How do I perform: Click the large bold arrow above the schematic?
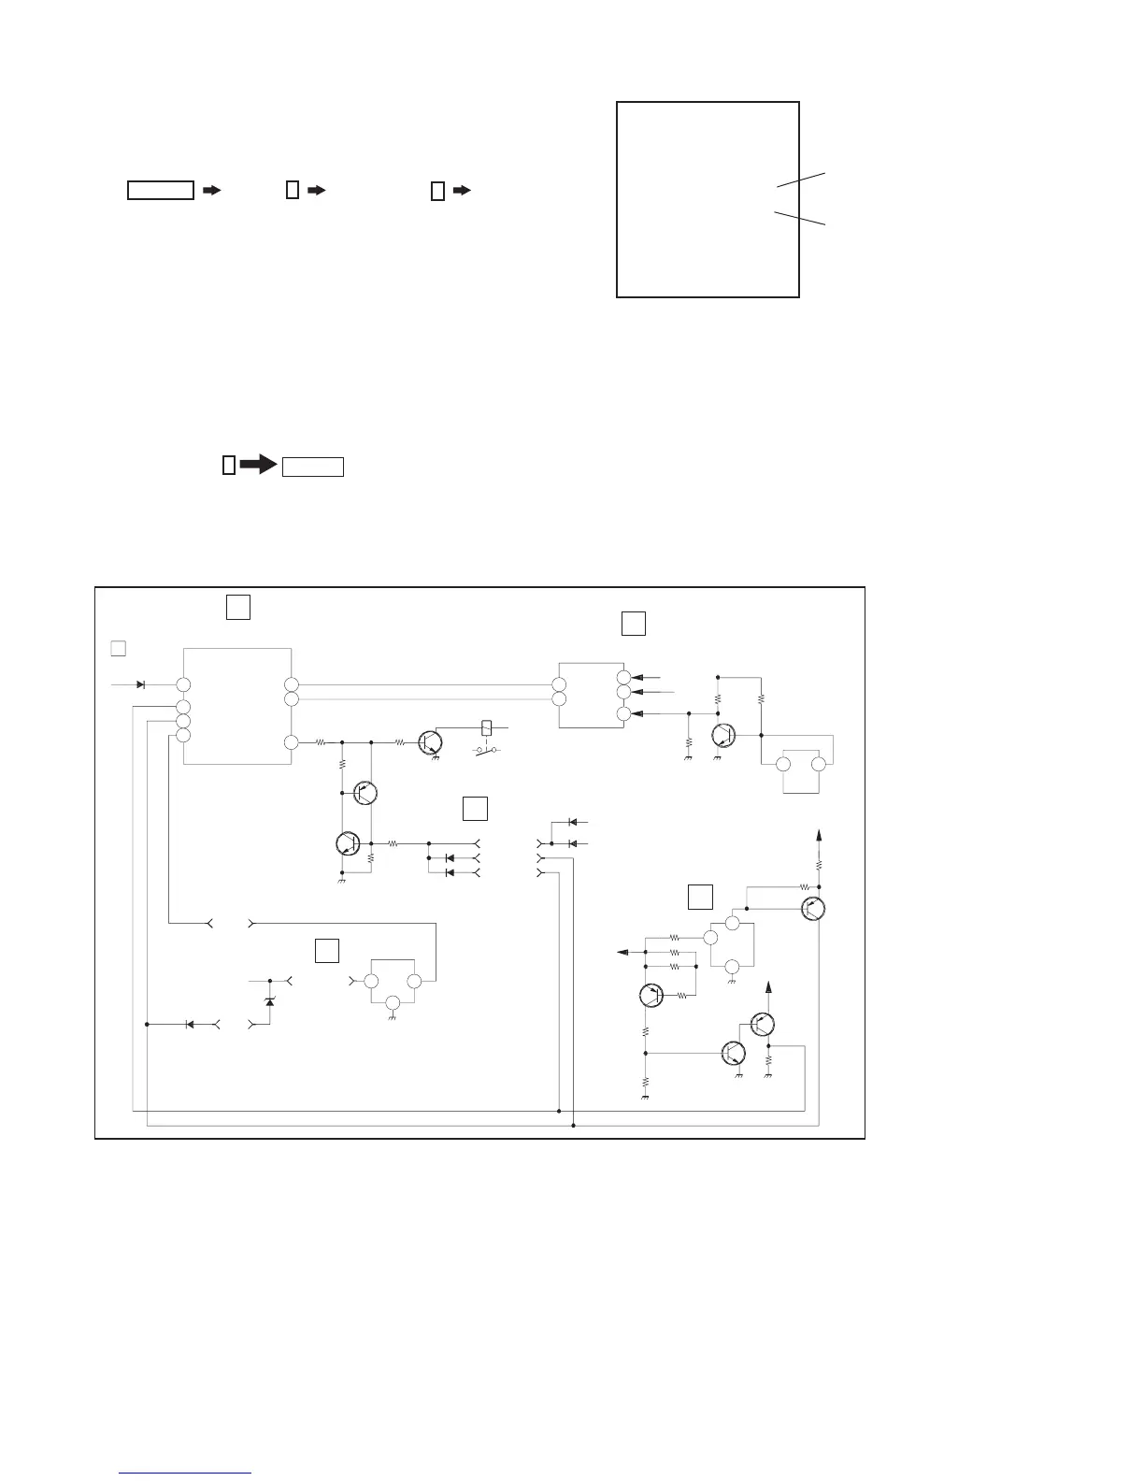coord(256,465)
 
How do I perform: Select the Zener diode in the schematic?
coord(270,1001)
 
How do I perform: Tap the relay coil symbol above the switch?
coord(486,726)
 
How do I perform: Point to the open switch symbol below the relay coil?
coord(485,751)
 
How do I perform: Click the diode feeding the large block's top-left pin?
coord(140,684)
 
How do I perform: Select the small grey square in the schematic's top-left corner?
coord(118,647)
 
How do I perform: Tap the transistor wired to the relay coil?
coord(430,742)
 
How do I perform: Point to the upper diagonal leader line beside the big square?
coord(801,180)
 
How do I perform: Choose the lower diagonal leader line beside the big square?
coord(801,219)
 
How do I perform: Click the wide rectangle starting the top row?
coord(160,191)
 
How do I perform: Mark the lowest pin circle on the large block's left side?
coord(183,736)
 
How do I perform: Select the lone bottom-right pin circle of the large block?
coord(292,742)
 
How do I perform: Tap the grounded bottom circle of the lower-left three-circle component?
coord(393,1003)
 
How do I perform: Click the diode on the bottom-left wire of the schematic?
coord(190,1025)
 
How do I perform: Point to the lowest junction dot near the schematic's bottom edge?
coord(573,1126)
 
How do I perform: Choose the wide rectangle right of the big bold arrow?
coord(314,467)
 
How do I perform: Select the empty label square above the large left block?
coord(238,607)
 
